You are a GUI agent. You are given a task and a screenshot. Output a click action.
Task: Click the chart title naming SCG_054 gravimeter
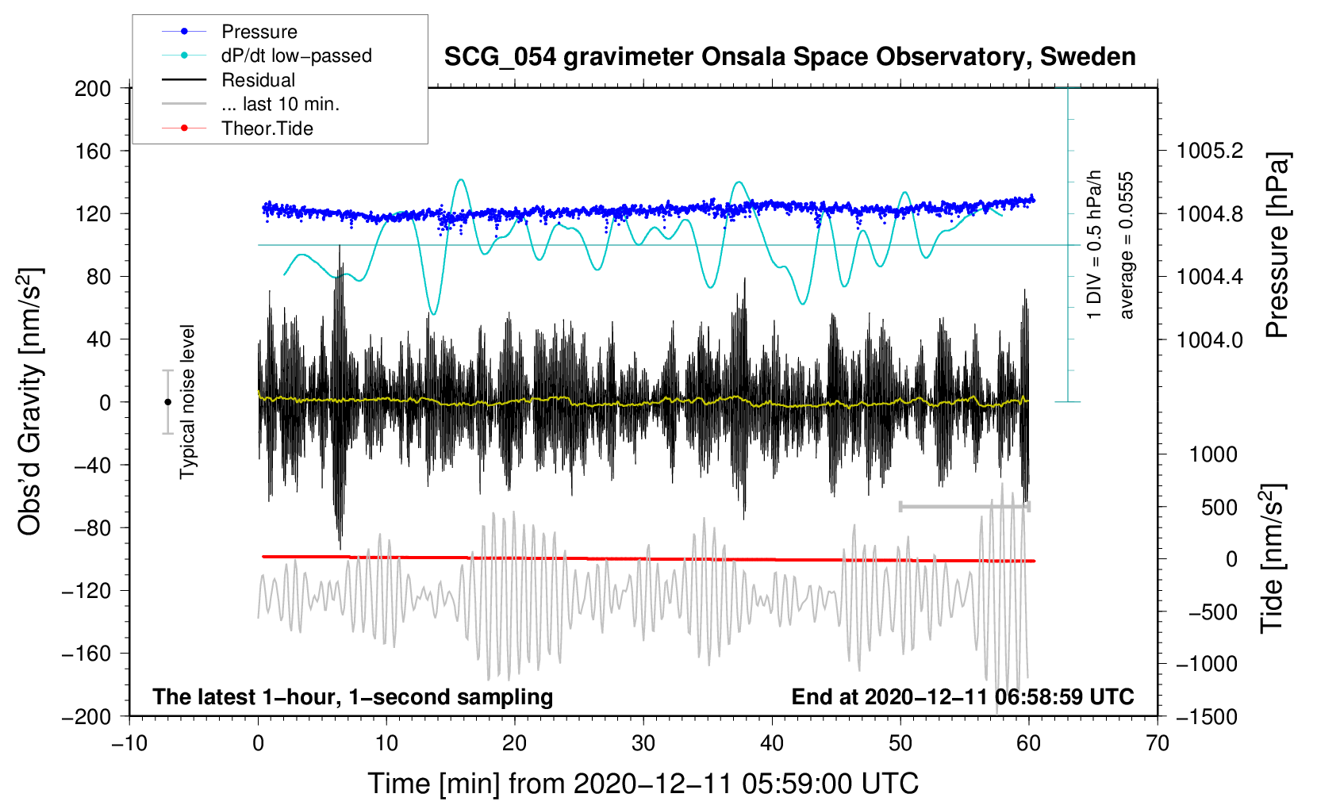pos(789,57)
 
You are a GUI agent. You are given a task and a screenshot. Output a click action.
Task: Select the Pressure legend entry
pos(259,32)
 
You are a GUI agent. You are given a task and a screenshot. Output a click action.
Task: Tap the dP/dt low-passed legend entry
pos(296,56)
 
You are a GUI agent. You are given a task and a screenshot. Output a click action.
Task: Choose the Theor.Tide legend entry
pos(267,128)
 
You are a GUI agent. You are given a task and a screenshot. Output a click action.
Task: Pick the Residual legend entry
pos(258,80)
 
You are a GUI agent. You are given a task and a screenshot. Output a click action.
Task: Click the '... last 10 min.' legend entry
pos(280,104)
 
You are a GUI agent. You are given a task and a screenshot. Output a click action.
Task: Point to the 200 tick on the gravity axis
pos(93,88)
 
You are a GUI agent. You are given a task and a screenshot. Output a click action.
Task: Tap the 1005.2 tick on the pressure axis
pos(1210,151)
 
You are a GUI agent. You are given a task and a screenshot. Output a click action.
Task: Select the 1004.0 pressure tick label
pos(1210,339)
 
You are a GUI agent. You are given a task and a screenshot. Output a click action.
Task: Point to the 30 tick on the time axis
pos(643,743)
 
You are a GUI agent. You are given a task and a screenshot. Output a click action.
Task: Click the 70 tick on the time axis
pos(1158,743)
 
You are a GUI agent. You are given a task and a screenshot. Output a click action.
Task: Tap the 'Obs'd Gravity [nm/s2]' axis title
pos(30,401)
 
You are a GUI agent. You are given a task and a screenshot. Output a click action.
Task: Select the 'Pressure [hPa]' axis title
pos(1277,245)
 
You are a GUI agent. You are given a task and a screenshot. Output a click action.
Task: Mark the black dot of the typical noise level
pos(167,402)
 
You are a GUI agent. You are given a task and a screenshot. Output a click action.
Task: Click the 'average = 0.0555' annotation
pos(1127,245)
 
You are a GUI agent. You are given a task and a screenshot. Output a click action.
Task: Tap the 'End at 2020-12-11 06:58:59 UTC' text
pos(962,696)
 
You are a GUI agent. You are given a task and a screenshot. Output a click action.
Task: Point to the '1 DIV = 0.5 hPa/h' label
pos(1095,245)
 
